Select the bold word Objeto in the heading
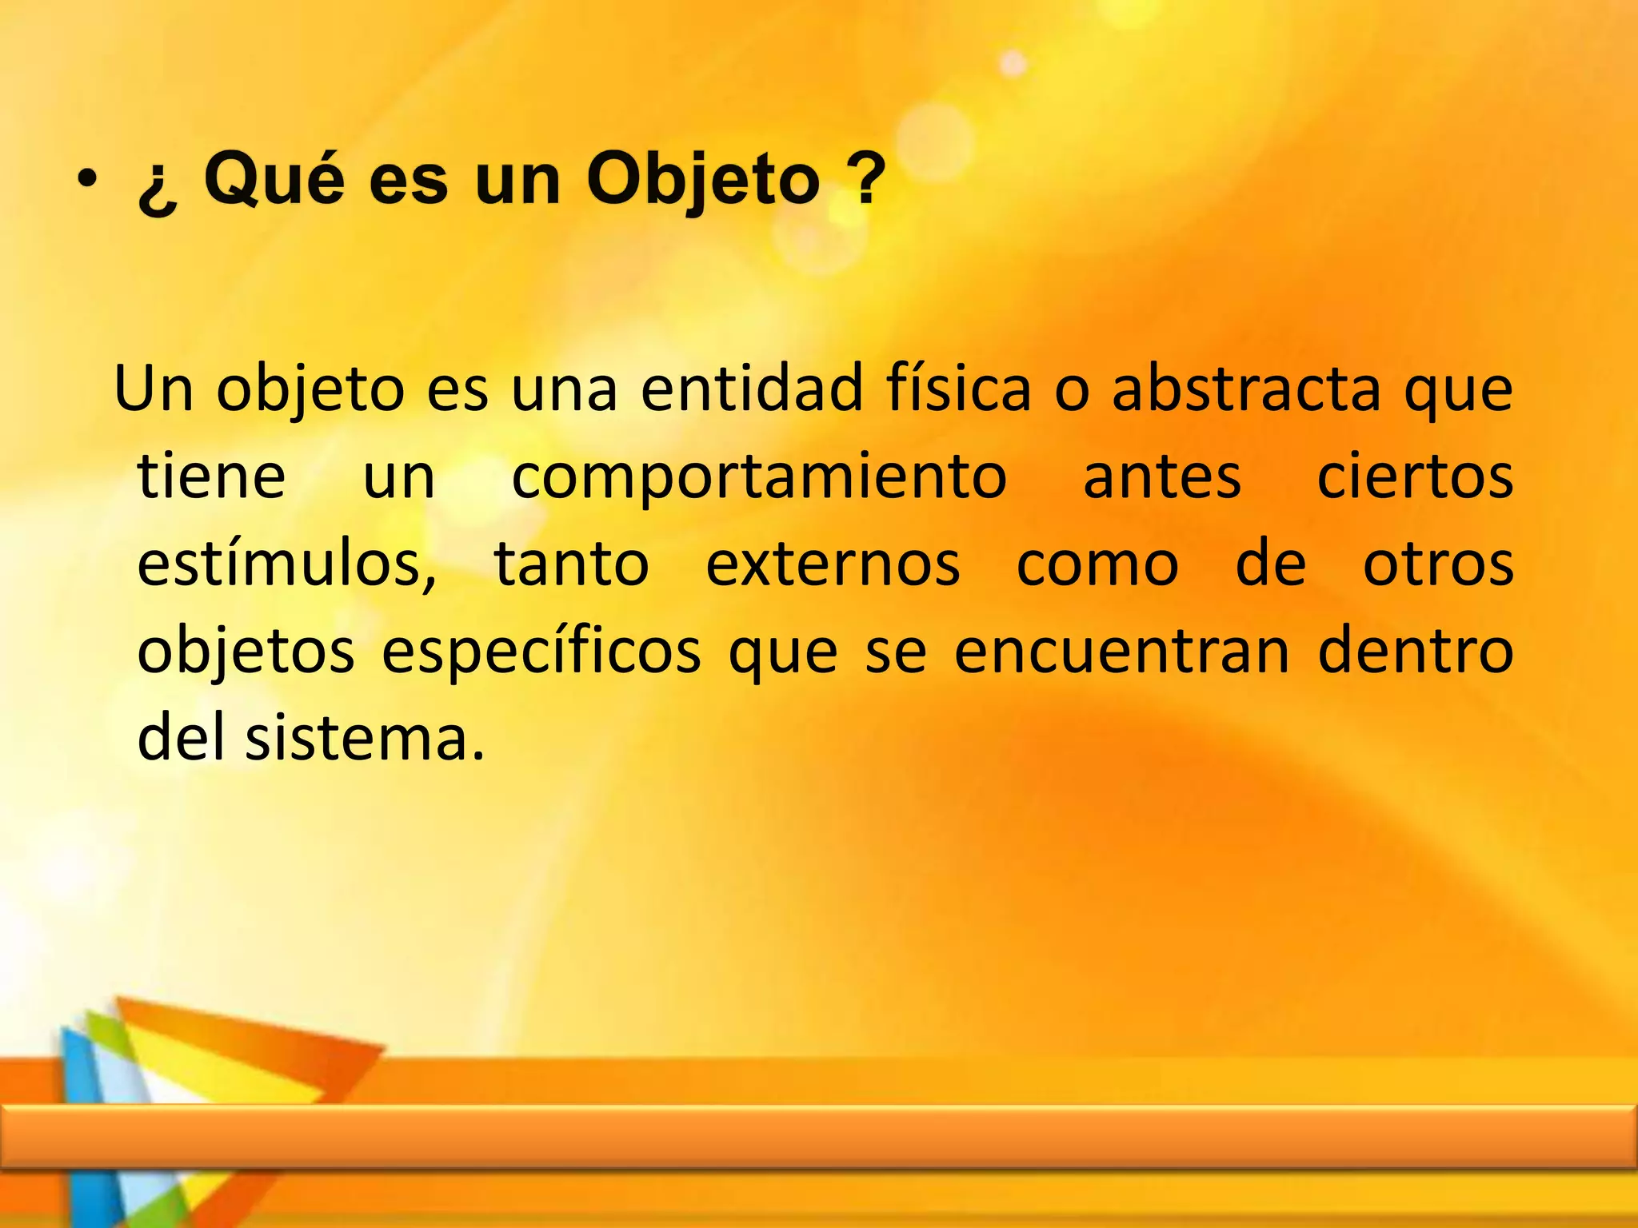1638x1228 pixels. [x=703, y=181]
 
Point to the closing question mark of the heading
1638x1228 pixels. [x=867, y=177]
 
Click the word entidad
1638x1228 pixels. [x=752, y=389]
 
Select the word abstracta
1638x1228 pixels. [x=1246, y=389]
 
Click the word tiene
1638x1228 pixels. [x=211, y=476]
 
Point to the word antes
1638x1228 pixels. [x=1161, y=477]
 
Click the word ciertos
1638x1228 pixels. [x=1414, y=476]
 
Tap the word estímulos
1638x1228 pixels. [x=286, y=564]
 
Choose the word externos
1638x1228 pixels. [x=832, y=564]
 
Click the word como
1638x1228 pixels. [x=1097, y=564]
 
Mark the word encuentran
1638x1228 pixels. [x=1121, y=651]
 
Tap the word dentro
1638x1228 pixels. [x=1415, y=651]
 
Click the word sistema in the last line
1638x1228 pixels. [x=365, y=738]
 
